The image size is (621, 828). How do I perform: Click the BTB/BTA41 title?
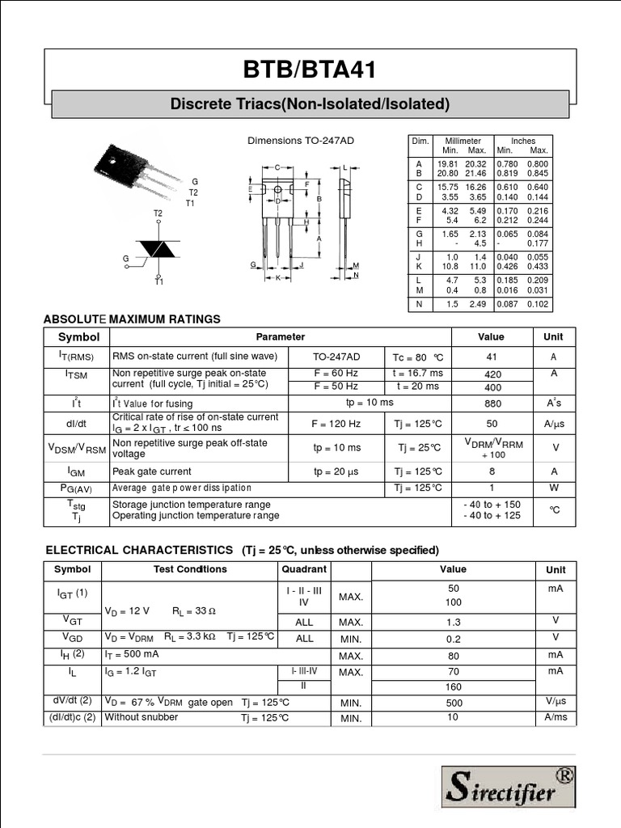310,70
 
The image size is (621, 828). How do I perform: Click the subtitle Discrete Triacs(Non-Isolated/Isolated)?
310,104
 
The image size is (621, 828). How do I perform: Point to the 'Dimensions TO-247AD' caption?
300,141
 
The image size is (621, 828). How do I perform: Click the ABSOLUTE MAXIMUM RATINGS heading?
132,319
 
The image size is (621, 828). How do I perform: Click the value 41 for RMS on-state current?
491,357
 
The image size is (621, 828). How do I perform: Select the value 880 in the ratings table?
492,403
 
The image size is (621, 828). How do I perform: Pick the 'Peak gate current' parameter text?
152,471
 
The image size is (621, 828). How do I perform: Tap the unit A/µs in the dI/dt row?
554,424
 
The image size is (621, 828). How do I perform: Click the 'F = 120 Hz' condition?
336,424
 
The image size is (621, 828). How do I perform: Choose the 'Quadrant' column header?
304,569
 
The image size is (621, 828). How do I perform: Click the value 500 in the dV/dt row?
453,703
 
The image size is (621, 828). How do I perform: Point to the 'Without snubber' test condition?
142,717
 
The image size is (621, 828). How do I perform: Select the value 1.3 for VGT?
453,622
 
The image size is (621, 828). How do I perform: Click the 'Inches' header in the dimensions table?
522,141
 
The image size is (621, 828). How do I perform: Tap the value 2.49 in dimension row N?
477,304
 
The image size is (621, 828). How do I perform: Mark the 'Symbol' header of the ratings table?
78,337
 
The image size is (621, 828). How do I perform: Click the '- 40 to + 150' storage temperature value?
492,505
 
